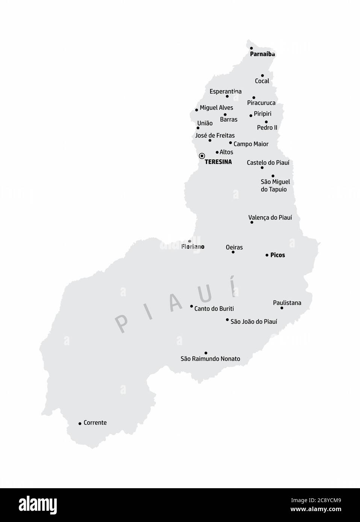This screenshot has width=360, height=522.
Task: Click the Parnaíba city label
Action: tap(262, 54)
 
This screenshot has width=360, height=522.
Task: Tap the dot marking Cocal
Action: tap(262, 75)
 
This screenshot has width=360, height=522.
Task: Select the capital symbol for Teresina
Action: tap(202, 156)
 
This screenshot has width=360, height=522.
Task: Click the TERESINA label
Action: tap(218, 162)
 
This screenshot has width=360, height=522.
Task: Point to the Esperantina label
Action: tap(225, 91)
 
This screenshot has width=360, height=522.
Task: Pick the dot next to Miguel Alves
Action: tap(197, 110)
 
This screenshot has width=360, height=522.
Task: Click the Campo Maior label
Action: tap(251, 144)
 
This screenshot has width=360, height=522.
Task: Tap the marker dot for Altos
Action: tap(217, 152)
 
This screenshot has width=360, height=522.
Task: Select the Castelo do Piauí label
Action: tap(268, 163)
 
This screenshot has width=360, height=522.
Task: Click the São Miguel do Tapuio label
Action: tap(275, 186)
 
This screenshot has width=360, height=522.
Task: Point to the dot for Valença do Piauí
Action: tap(252, 222)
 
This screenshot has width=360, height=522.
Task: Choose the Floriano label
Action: tap(193, 247)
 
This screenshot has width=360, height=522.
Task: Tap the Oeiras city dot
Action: tap(233, 252)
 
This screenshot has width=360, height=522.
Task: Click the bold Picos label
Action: tap(278, 255)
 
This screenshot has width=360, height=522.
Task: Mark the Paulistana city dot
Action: tap(282, 308)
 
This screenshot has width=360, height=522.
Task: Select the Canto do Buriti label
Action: tap(214, 309)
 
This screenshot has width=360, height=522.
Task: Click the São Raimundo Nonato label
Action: tap(210, 359)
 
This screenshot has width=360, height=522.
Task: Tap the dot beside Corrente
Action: tap(80, 424)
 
